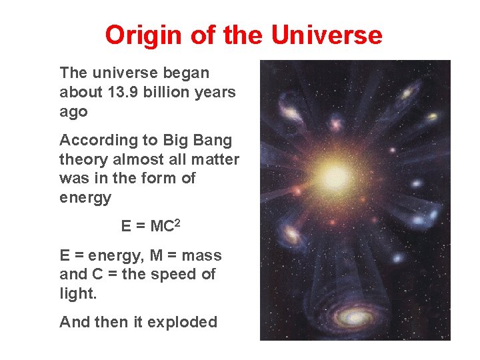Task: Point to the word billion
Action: click(x=169, y=92)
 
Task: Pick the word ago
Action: click(x=73, y=112)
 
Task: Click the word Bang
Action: click(x=213, y=141)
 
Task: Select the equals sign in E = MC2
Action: click(x=140, y=227)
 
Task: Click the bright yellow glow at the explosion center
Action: click(x=335, y=176)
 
